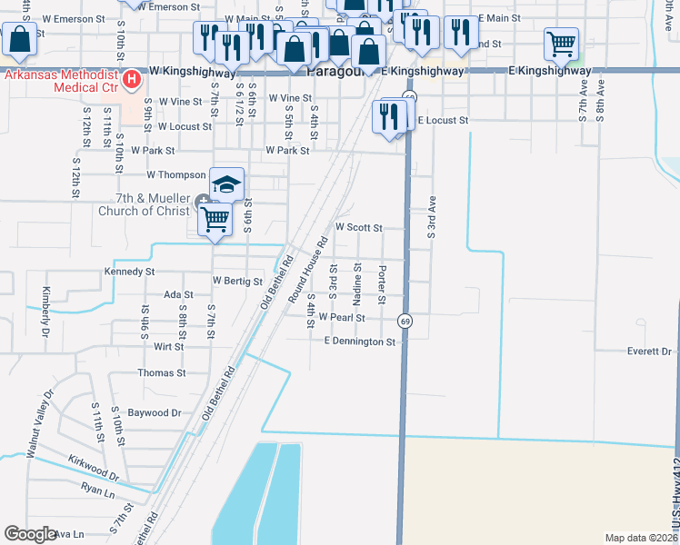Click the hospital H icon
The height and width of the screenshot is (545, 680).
click(134, 81)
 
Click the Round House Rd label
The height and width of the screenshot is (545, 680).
click(307, 271)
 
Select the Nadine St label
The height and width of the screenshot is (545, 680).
click(358, 283)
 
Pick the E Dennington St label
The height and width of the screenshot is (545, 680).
click(360, 342)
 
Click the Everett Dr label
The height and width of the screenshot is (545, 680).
click(648, 352)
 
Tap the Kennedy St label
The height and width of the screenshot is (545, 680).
click(130, 272)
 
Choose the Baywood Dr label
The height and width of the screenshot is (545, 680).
click(154, 412)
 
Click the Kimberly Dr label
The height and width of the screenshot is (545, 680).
click(44, 312)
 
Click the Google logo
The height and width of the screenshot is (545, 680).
click(30, 534)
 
